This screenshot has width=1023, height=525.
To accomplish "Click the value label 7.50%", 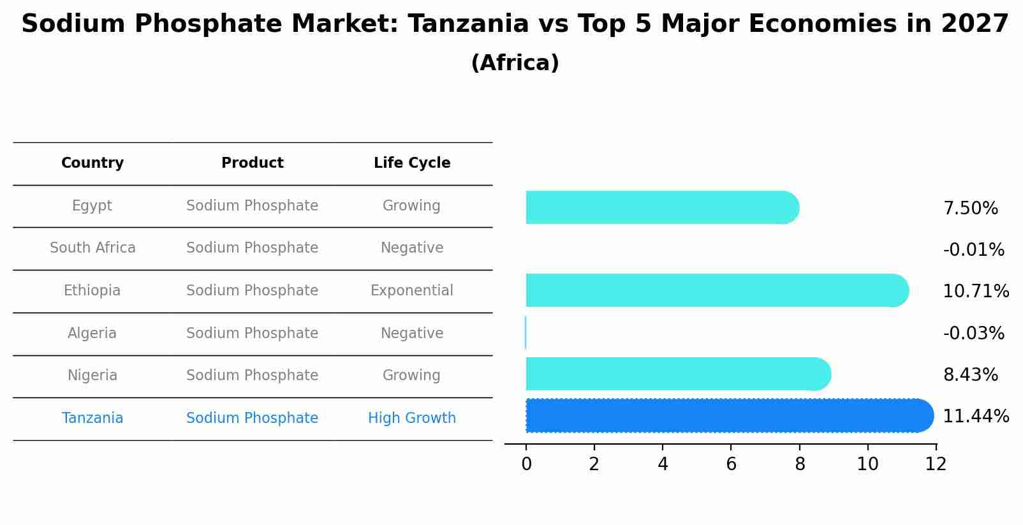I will pos(970,209).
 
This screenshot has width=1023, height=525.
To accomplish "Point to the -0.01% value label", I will pos(973,250).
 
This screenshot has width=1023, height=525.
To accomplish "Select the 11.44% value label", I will pos(975,417).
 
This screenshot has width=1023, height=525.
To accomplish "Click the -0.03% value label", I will pos(973,334).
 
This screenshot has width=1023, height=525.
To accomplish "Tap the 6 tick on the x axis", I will pos(731,464).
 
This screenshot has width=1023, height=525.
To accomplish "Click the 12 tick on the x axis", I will pos(936,464).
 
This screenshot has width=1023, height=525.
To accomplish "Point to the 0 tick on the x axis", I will pos(526,464).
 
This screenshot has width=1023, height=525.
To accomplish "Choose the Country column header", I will pos(92,163).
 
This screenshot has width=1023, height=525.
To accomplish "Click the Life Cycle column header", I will pos(412,163).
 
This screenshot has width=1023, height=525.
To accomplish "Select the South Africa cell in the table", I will pos(92,248).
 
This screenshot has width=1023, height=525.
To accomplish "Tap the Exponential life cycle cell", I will pos(412,291).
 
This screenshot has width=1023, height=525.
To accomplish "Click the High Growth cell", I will pos(412,418).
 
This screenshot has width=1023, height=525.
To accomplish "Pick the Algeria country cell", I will pos(92,334).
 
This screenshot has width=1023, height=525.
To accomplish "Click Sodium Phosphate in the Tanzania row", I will pos(252,418).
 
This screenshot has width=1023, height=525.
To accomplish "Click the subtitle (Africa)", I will pos(515,63).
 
